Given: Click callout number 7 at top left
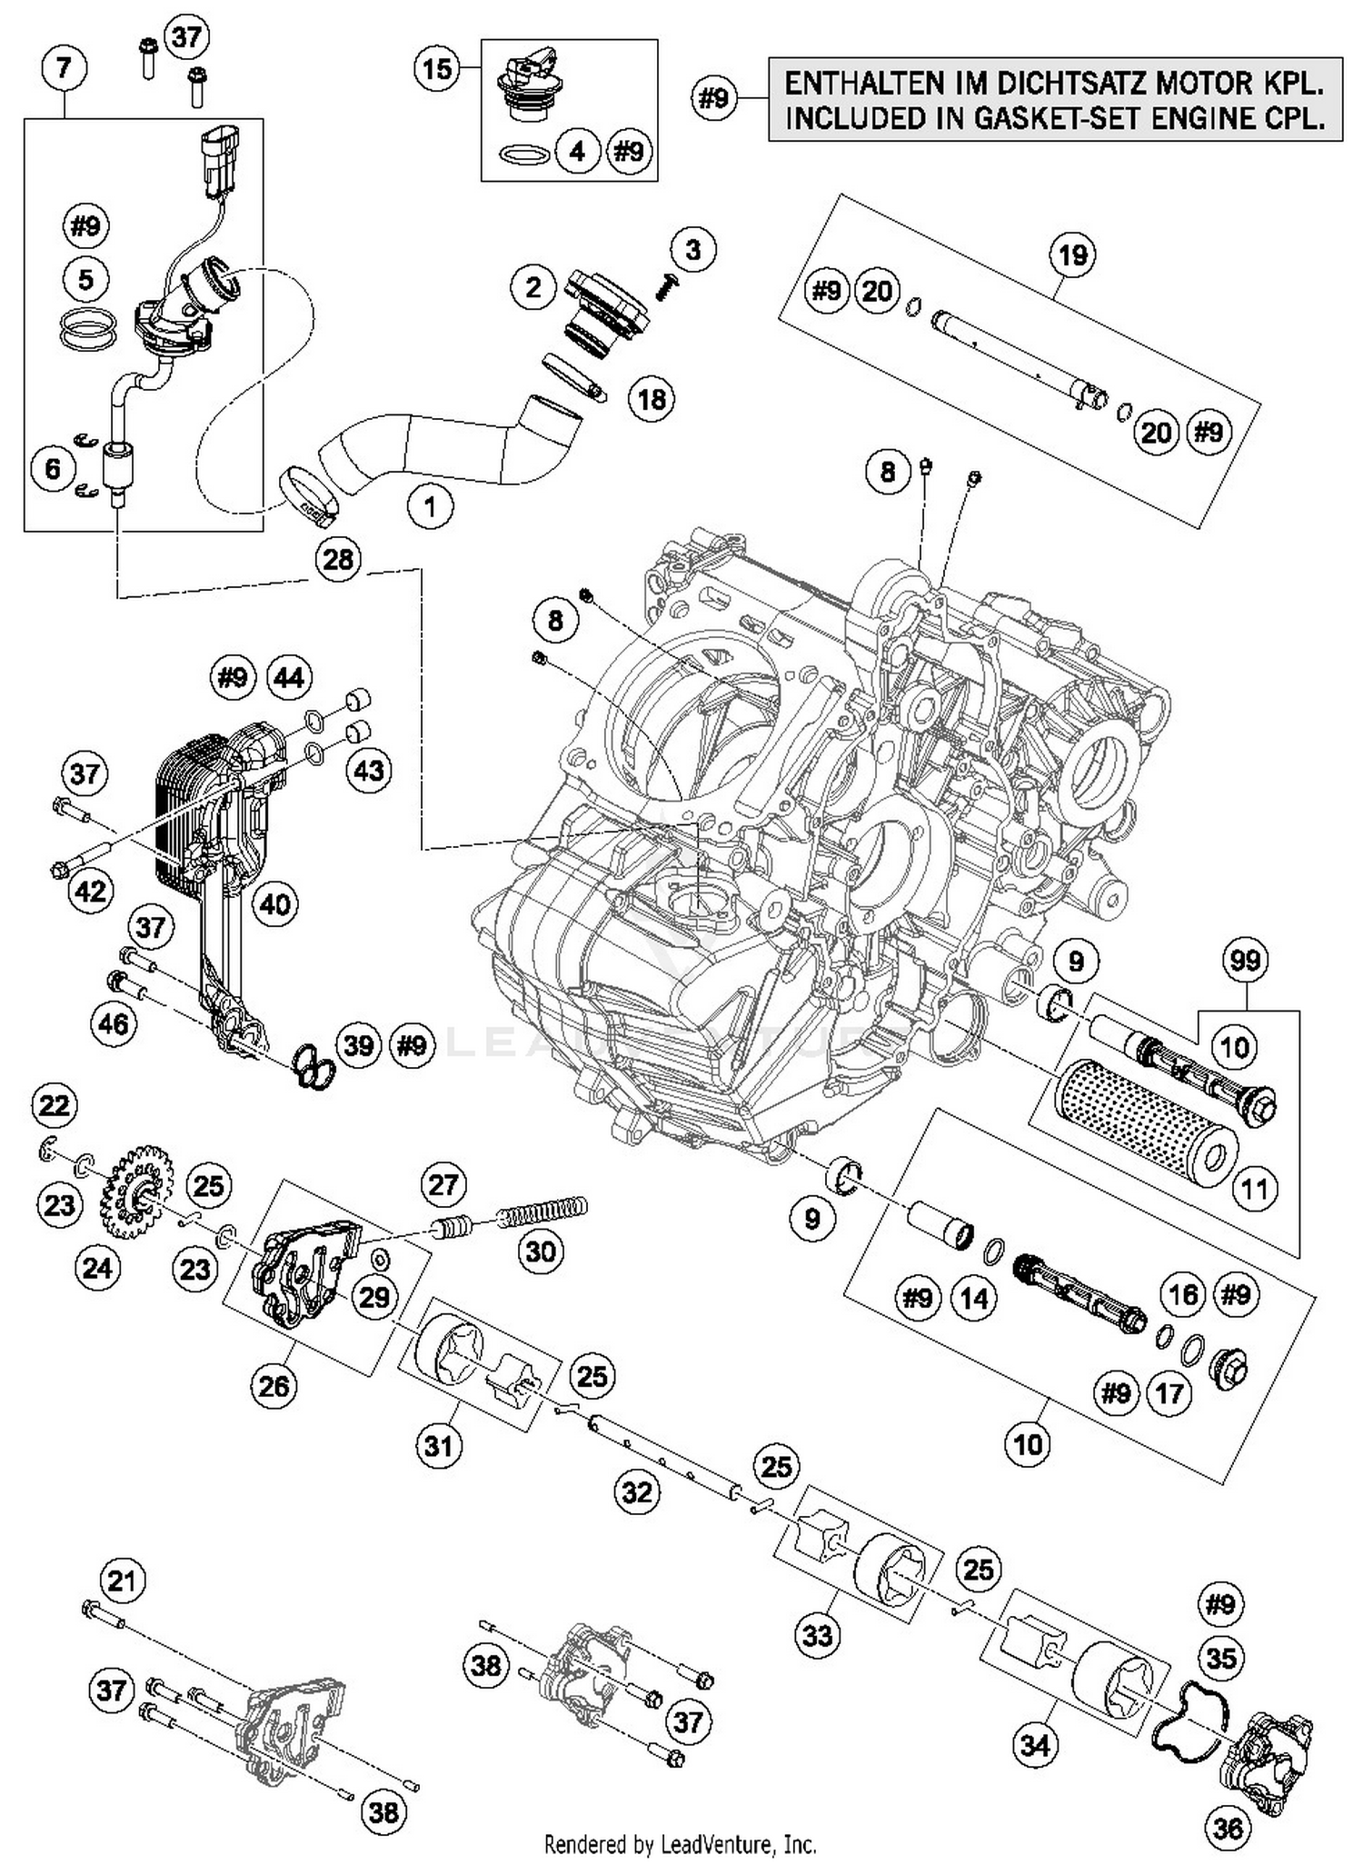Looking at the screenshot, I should click(64, 69).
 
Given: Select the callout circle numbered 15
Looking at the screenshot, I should click(437, 69).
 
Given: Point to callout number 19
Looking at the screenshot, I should click(1072, 254).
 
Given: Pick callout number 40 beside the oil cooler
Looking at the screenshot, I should click(274, 903).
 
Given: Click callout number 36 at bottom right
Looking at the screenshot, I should click(1227, 1828).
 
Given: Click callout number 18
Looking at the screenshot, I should click(652, 398).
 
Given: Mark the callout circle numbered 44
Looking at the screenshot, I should click(289, 678).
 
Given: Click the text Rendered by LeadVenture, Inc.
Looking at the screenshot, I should click(680, 1844).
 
